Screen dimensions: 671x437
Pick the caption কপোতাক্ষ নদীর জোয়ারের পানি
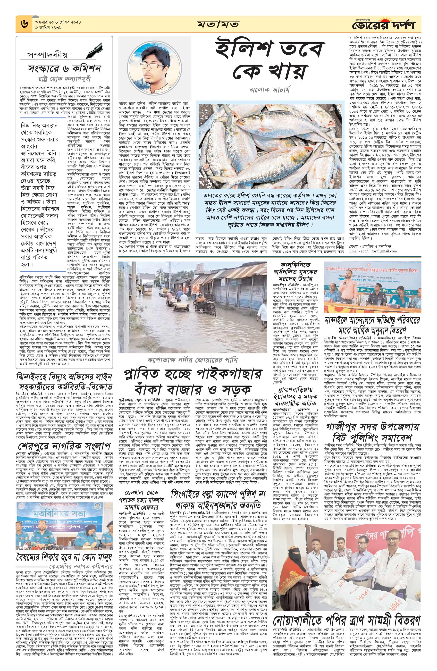[193, 360]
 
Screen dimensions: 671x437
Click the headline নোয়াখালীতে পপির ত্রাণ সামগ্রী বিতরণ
[346, 619]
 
